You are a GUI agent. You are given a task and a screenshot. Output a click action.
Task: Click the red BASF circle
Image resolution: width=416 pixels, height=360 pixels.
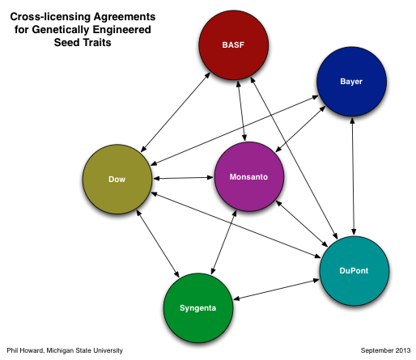234,45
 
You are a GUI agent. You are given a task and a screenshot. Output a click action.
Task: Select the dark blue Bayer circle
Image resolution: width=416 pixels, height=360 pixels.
351,82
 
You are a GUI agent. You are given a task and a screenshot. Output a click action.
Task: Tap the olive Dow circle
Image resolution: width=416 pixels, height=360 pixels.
117,180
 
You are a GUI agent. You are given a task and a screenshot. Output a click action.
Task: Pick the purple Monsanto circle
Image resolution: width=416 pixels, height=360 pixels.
249,176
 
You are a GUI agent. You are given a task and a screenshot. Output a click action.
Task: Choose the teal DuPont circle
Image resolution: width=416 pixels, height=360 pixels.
354,271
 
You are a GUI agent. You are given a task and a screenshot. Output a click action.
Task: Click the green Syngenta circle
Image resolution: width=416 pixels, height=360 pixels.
198,308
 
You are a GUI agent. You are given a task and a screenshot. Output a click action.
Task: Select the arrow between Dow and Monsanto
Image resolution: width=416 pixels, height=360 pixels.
183,178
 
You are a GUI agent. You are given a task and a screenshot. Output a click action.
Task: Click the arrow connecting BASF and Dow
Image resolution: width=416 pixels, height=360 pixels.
176,112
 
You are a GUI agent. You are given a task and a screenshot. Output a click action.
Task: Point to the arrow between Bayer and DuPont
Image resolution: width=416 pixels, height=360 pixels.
353,176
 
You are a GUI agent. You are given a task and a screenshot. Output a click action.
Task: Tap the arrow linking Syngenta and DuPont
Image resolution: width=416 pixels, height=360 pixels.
276,290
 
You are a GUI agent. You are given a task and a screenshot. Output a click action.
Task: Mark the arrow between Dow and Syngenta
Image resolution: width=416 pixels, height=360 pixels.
158,244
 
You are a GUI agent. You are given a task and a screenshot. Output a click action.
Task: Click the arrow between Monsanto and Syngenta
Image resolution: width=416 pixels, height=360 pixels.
224,242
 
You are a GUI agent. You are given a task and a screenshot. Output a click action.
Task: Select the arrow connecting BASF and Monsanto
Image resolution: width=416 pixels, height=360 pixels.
241,111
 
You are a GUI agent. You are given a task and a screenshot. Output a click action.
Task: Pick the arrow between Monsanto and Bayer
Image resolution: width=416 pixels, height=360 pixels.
300,129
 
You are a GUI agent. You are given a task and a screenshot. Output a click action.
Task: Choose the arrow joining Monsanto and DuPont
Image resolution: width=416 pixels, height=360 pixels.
302,223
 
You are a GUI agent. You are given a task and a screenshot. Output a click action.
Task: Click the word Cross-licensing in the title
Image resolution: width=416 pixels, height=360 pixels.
50,17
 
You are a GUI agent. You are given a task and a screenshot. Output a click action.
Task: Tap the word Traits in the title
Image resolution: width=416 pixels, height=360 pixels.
97,43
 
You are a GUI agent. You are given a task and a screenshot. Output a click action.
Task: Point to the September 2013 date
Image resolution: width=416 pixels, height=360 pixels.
385,350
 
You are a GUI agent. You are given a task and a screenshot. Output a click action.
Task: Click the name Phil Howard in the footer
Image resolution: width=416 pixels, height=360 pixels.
25,350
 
